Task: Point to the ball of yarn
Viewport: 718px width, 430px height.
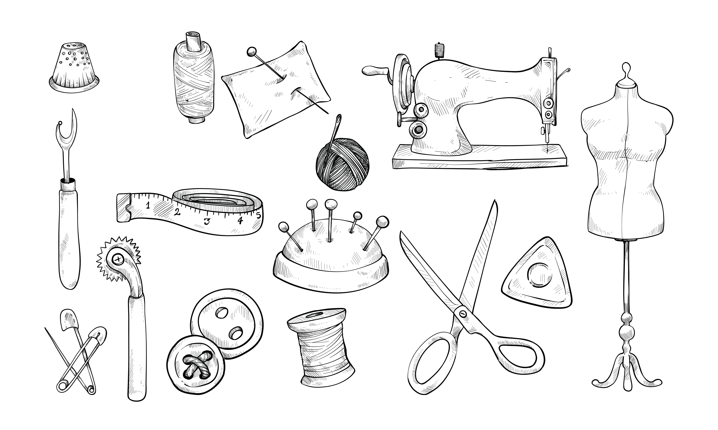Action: (342, 164)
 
